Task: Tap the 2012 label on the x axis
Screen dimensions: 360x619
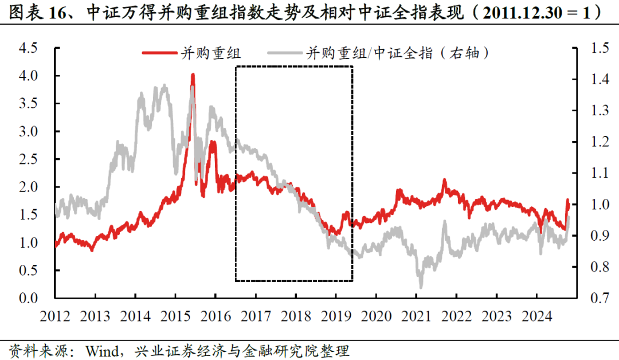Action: [56, 316]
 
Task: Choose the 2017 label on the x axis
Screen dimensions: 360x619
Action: [255, 316]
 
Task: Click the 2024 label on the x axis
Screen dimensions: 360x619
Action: [535, 316]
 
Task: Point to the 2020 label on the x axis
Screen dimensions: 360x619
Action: [375, 316]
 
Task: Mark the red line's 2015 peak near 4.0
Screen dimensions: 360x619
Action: [193, 75]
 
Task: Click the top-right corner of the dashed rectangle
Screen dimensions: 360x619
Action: [352, 66]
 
